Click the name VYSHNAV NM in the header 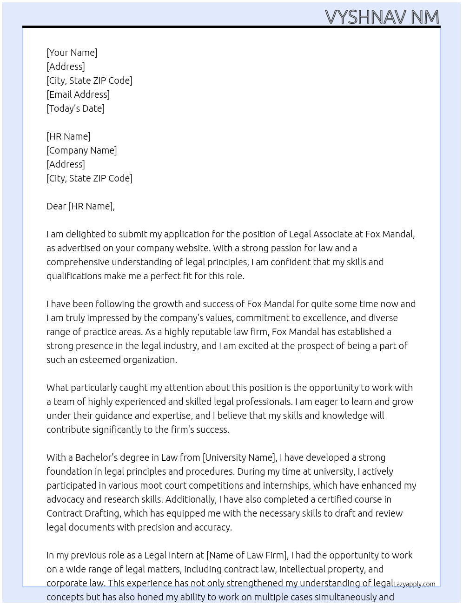[382, 17]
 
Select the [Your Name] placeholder [72, 53]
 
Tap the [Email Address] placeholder [78, 94]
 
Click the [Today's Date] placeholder [75, 108]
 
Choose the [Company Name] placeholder [82, 150]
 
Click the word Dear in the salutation [56, 206]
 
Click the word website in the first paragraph [185, 248]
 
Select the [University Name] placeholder [239, 457]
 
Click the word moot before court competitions [151, 485]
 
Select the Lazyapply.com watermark [414, 584]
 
